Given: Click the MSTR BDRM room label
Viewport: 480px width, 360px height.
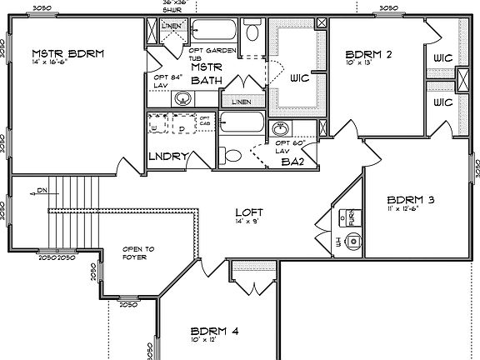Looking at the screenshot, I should point(68,54).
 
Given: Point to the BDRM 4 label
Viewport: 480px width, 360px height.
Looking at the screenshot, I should point(214,331).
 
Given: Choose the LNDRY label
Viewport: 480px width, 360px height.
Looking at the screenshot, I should point(170,156).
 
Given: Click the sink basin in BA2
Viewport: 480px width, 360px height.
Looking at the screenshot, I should point(282,130).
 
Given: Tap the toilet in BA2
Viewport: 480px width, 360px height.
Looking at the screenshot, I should point(232,155).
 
